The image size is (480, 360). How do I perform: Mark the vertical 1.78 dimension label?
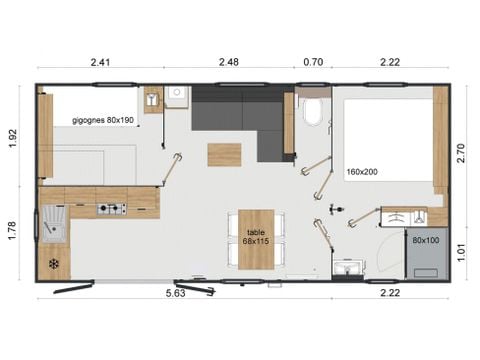(14, 231)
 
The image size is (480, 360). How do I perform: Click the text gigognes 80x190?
(103, 120)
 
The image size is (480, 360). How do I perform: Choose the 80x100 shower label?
(424, 240)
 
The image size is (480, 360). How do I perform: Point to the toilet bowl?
(311, 112)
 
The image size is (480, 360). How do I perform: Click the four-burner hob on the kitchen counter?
(111, 209)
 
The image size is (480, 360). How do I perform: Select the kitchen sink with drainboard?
(52, 224)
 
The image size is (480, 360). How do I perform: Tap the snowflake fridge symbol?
(52, 264)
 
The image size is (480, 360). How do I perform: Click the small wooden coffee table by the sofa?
(224, 155)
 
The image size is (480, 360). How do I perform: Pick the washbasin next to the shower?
(349, 267)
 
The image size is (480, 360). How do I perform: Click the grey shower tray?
(424, 252)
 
